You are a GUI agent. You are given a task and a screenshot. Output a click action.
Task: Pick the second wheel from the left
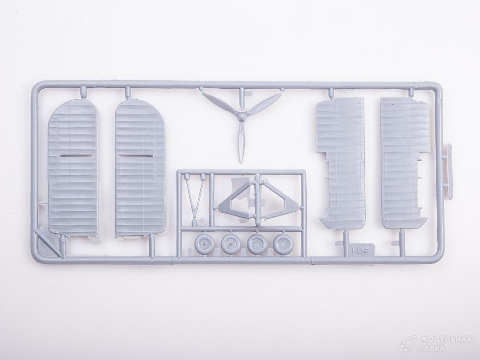tap(231, 244)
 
